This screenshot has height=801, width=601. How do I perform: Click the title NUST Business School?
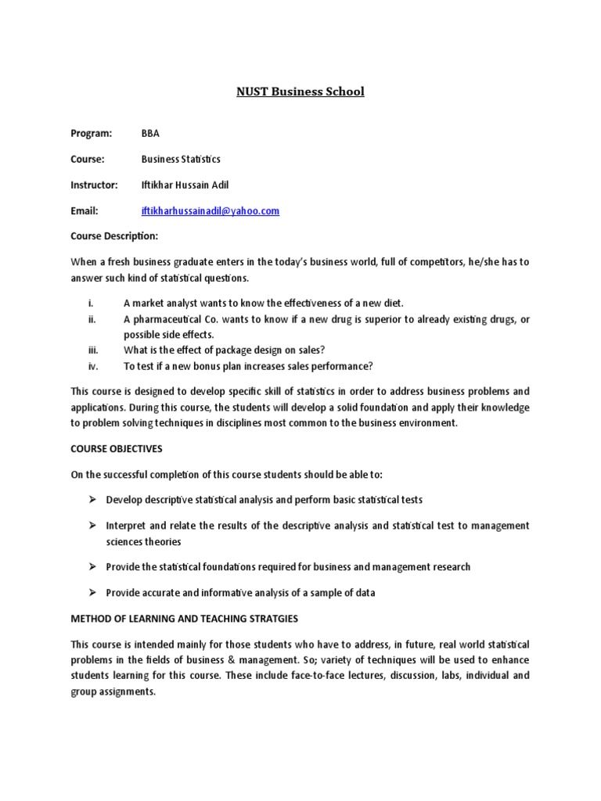pyautogui.click(x=300, y=92)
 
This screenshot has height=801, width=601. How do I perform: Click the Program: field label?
pyautogui.click(x=92, y=133)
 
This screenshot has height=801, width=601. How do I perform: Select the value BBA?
pyautogui.click(x=150, y=133)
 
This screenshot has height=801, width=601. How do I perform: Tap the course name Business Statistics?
pyautogui.click(x=181, y=159)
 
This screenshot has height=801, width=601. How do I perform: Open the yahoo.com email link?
pyautogui.click(x=211, y=211)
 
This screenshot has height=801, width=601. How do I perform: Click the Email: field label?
pyautogui.click(x=85, y=211)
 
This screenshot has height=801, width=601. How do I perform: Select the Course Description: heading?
pyautogui.click(x=114, y=235)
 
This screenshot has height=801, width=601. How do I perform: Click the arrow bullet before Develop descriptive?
pyautogui.click(x=92, y=499)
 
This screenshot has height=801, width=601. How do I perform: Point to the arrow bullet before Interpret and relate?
pyautogui.click(x=92, y=526)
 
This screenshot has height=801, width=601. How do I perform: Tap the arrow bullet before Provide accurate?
pyautogui.click(x=92, y=592)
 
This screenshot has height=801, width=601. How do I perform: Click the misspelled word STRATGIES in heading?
pyautogui.click(x=270, y=619)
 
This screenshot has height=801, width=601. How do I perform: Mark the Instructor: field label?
pyautogui.click(x=94, y=185)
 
